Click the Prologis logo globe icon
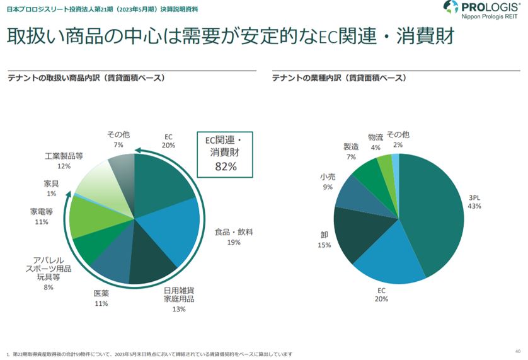point(451,9)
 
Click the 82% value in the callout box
point(225,167)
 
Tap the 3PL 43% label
point(474,202)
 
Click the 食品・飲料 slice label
point(234,236)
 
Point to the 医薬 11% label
point(101,298)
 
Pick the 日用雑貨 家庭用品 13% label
point(179,299)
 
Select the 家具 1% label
point(52,189)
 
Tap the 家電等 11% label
point(42,216)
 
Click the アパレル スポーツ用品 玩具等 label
point(48,269)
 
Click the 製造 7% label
point(350,152)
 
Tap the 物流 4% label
point(376,142)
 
